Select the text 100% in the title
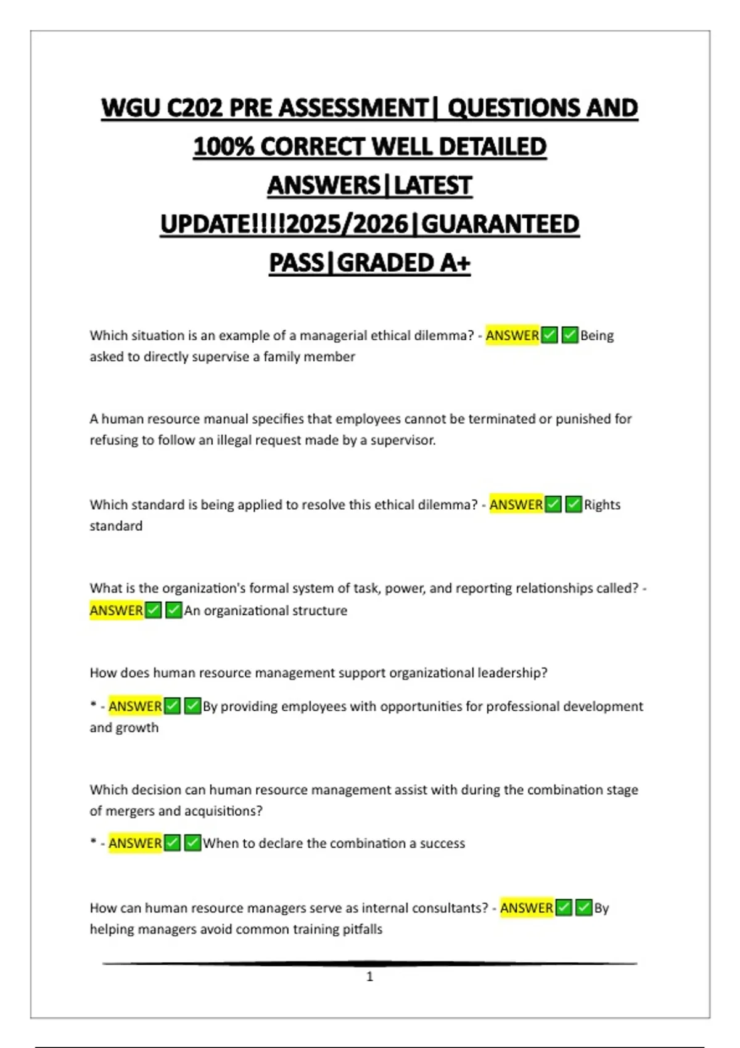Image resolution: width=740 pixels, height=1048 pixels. click(x=223, y=147)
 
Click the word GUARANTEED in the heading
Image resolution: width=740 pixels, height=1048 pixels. click(x=500, y=224)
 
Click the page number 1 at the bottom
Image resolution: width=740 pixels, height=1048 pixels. click(x=370, y=976)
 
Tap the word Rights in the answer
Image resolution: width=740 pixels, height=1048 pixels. click(x=602, y=505)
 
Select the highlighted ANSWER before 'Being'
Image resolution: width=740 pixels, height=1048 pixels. click(x=512, y=336)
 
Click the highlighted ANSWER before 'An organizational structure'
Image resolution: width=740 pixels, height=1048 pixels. click(x=117, y=610)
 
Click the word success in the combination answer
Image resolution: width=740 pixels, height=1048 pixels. click(x=442, y=843)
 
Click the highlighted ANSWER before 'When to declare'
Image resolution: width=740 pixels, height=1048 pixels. click(x=135, y=843)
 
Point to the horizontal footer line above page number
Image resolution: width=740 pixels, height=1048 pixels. click(x=370, y=963)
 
